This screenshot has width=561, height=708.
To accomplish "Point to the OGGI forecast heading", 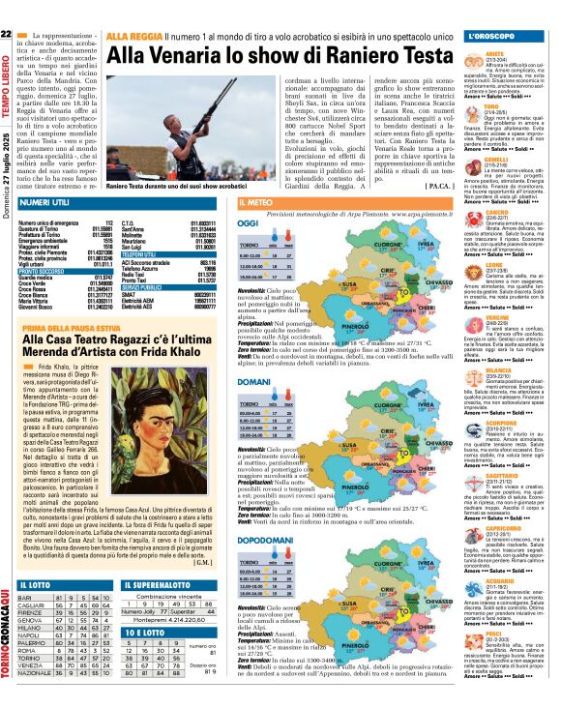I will coord(249,222).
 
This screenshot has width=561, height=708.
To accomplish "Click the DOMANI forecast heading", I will coord(253,385).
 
